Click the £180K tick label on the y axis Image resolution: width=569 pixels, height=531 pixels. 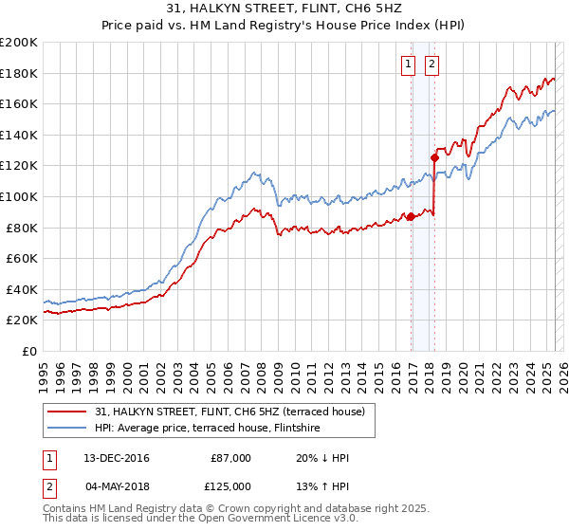coord(19,73)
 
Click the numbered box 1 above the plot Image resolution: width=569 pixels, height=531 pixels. coord(409,64)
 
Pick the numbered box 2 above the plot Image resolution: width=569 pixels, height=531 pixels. coord(431,64)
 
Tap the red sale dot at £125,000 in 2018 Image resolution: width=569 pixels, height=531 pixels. coord(434,157)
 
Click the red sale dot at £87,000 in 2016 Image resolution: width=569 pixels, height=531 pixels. coord(412,216)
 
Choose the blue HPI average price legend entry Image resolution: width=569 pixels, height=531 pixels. coord(207,428)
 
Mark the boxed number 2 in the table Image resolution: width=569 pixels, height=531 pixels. coord(49,486)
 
